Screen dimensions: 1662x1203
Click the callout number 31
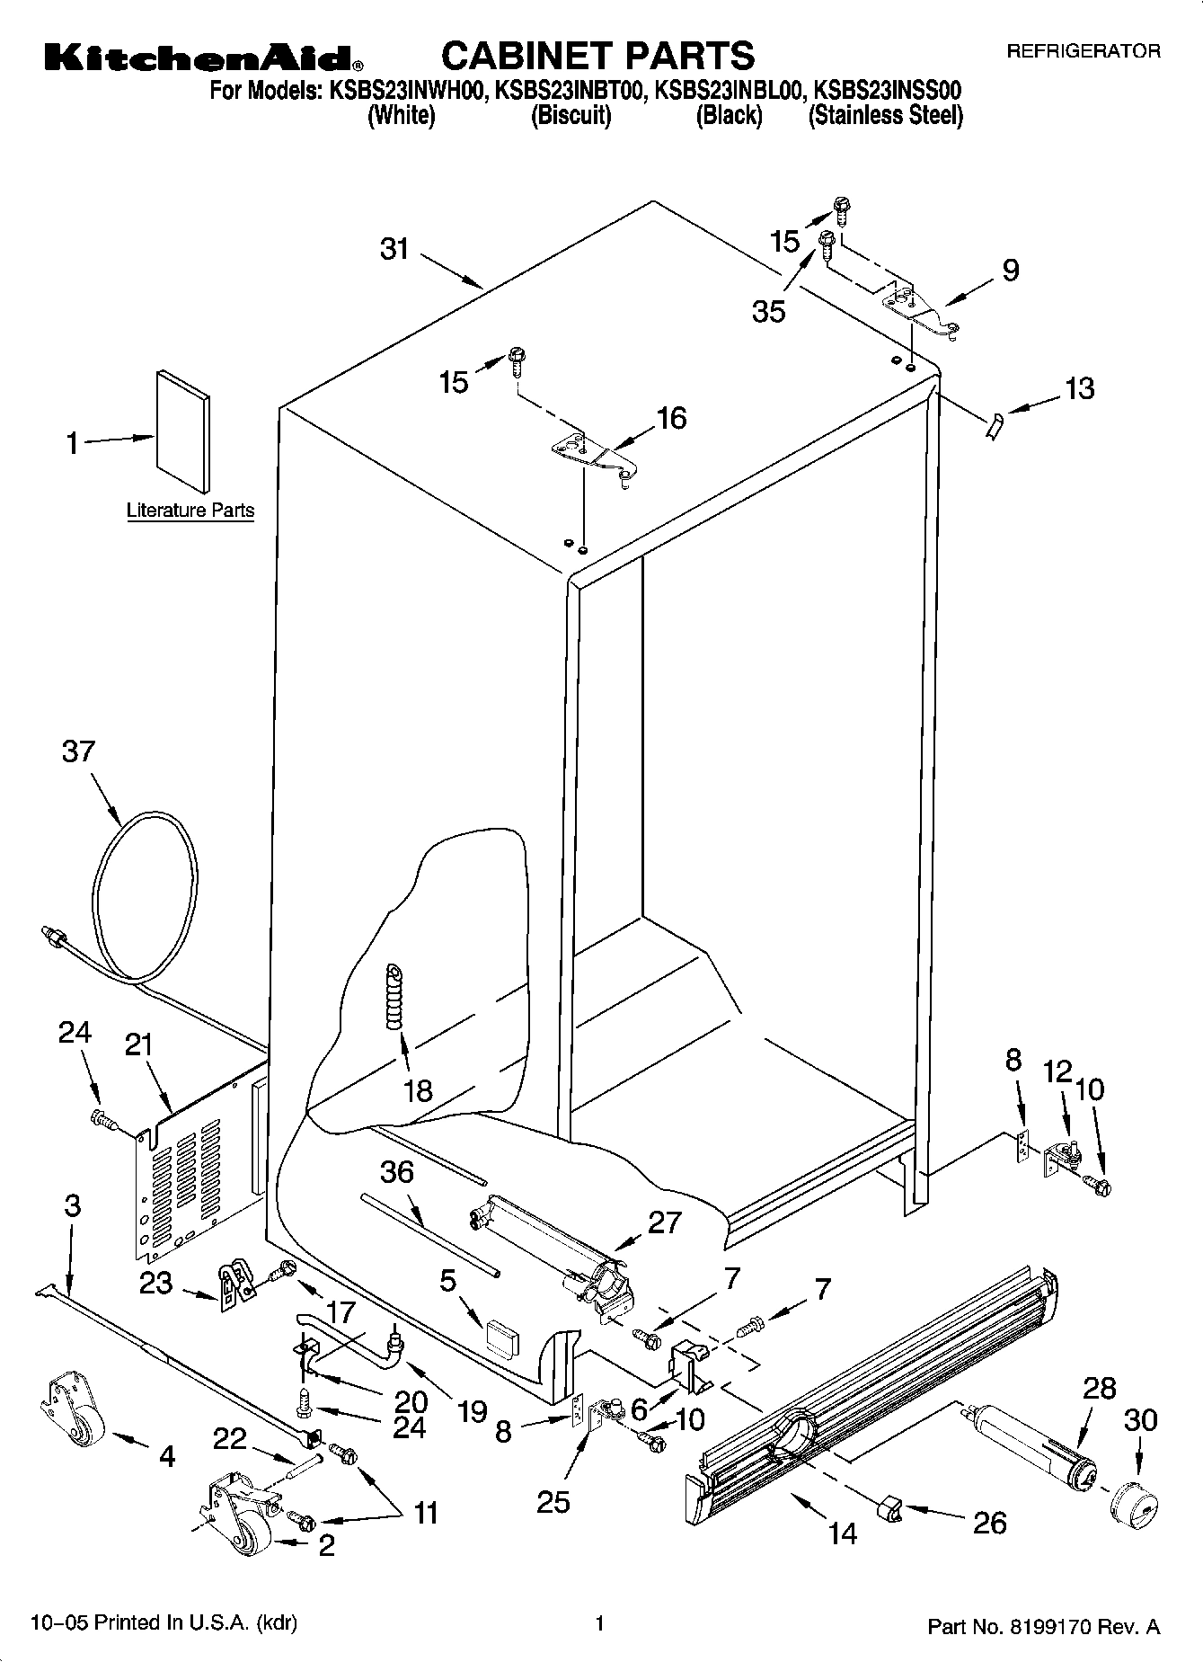coord(394,249)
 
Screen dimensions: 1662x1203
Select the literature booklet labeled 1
coord(183,432)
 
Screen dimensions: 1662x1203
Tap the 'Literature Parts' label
coord(190,511)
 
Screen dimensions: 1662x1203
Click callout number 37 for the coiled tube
coord(78,751)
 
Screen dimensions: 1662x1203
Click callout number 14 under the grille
coord(843,1533)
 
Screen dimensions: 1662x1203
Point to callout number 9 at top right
coord(1010,270)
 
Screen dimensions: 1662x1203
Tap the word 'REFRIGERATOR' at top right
coord(1083,52)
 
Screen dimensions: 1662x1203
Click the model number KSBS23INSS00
coord(887,90)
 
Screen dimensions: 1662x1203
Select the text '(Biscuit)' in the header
coord(571,116)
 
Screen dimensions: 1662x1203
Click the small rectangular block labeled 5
coord(501,1337)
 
